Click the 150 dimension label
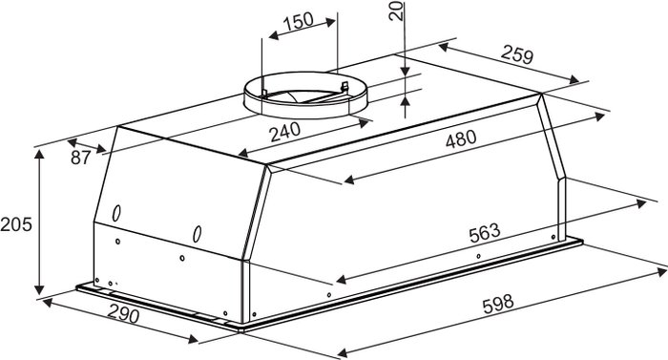tap(298, 20)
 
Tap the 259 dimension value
tap(517, 54)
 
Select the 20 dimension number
tap(396, 11)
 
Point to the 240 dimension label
tap(285, 132)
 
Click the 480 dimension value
tap(461, 139)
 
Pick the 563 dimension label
tap(485, 233)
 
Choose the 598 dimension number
tap(498, 304)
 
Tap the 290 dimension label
tap(123, 314)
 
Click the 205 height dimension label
tap(16, 224)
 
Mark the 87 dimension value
tap(81, 158)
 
